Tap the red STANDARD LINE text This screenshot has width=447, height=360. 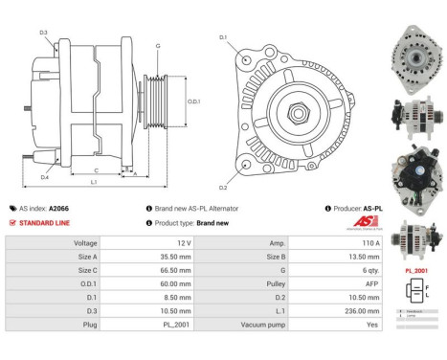[x=45, y=222]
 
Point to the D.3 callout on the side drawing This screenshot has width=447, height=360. [x=43, y=33]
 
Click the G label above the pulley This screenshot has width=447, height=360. [x=157, y=46]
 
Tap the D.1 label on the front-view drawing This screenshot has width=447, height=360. [x=223, y=37]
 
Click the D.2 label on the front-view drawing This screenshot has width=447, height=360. [x=223, y=187]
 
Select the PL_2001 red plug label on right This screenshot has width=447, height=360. [x=415, y=271]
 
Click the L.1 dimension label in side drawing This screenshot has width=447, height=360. [x=93, y=182]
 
